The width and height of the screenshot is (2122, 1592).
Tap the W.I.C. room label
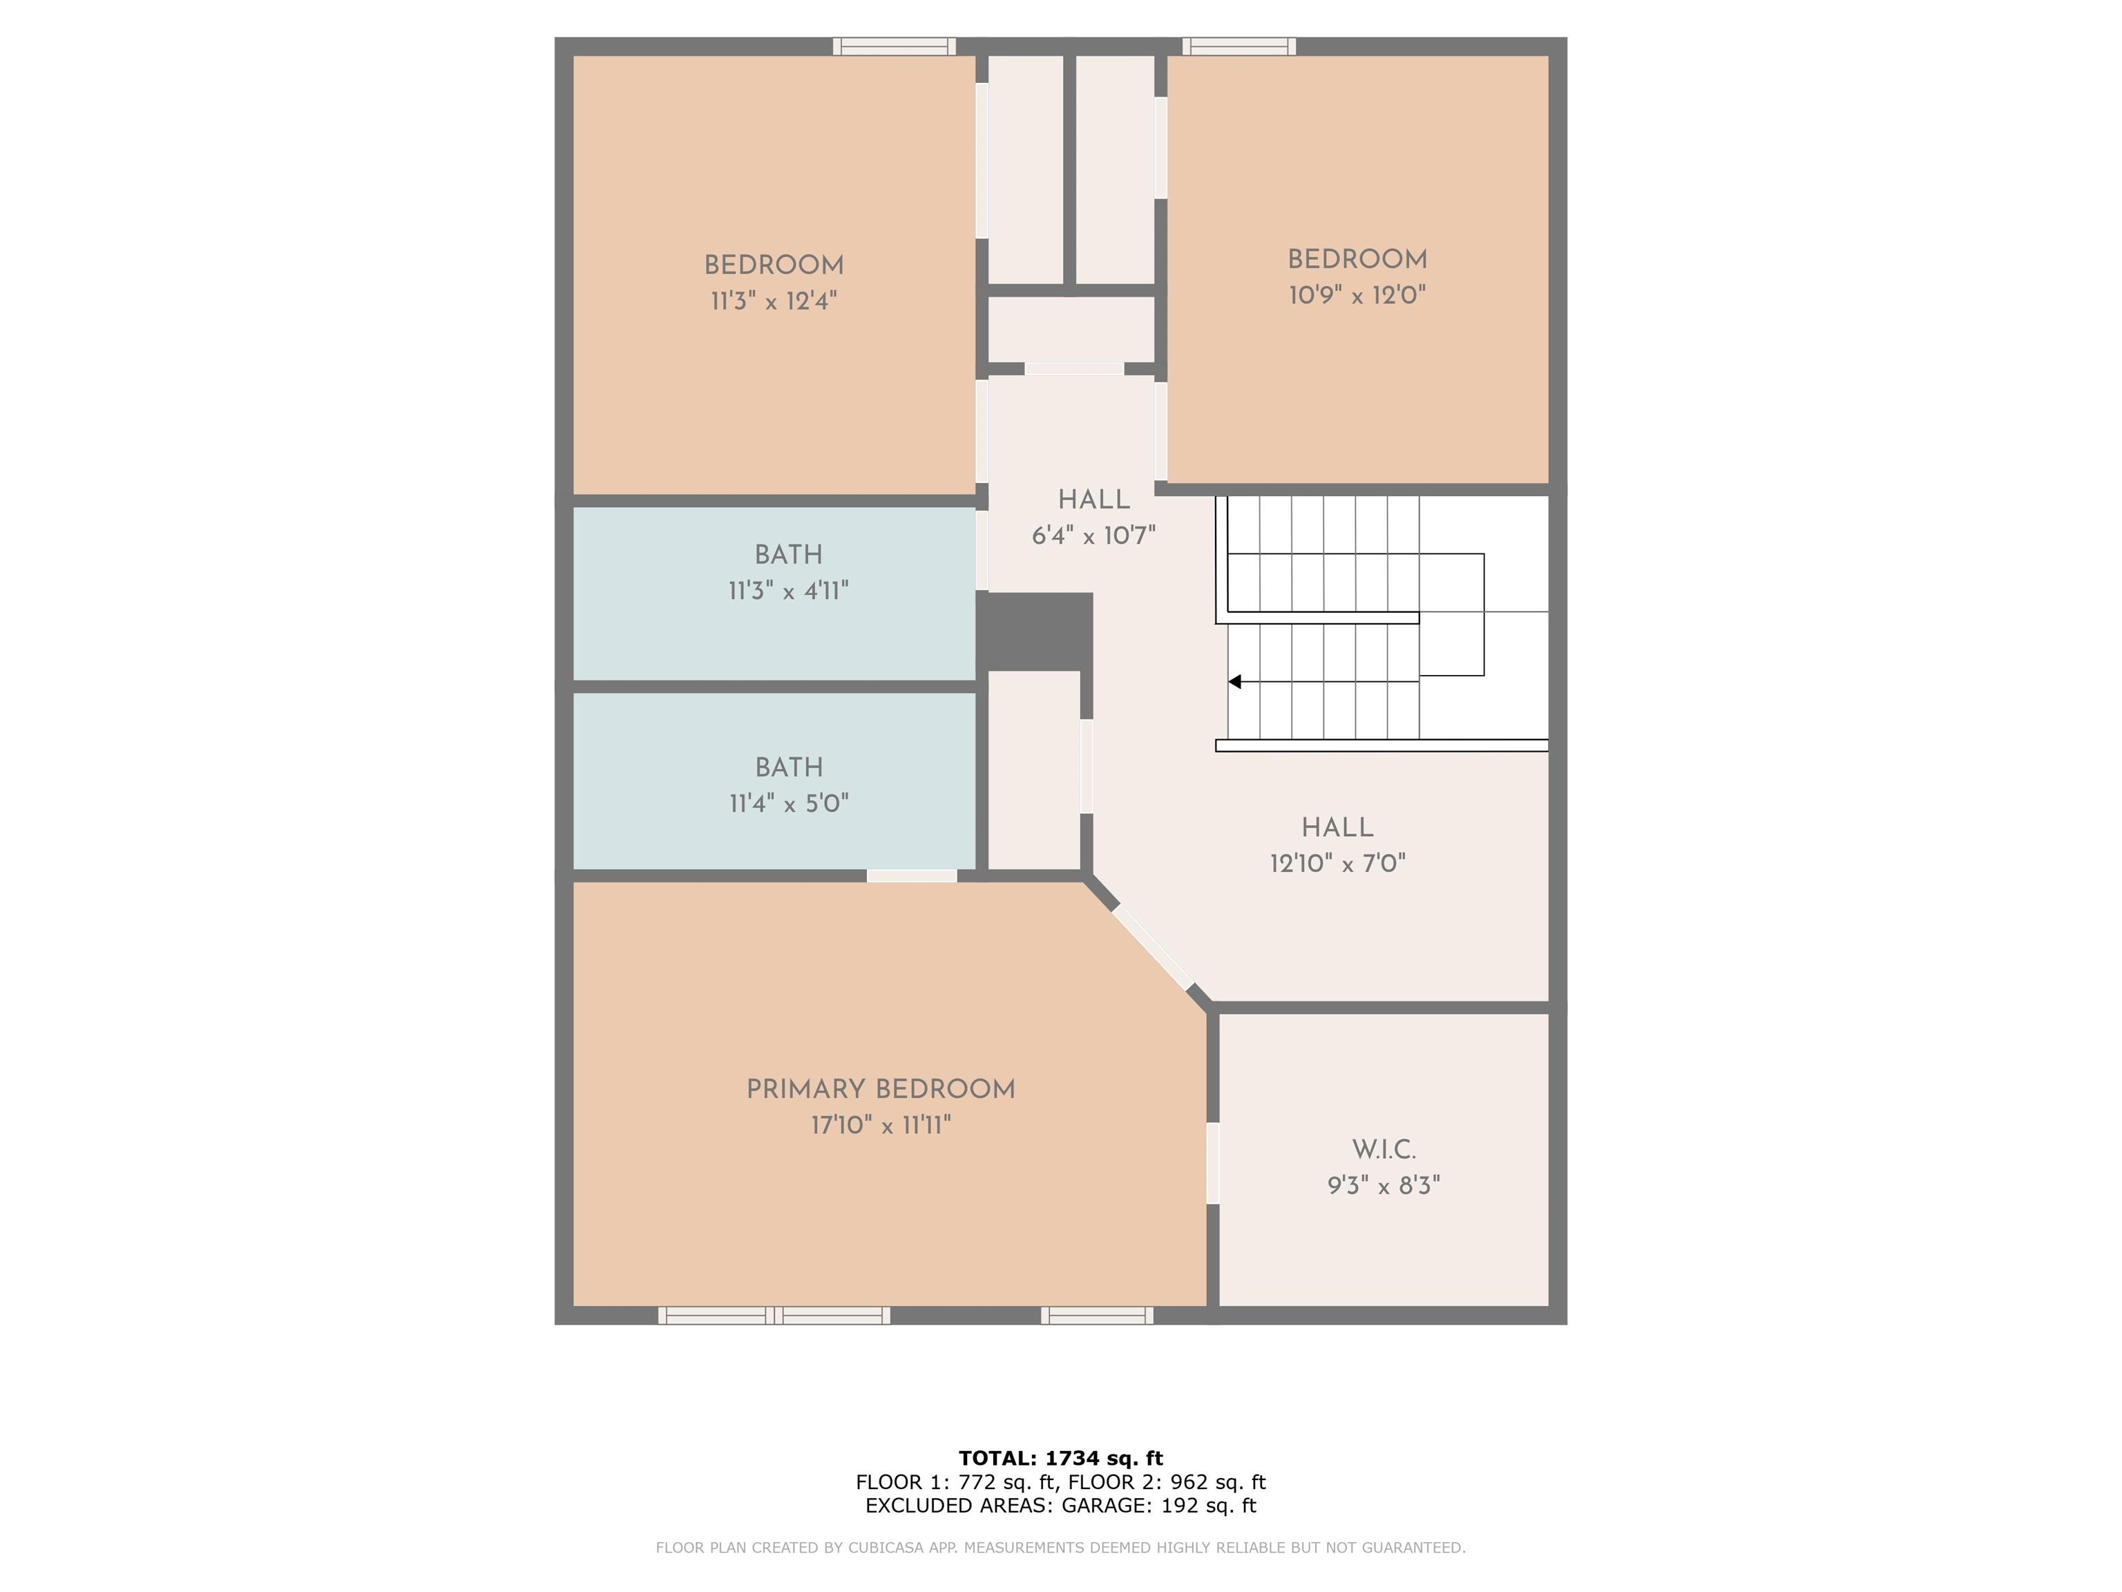(x=1384, y=1150)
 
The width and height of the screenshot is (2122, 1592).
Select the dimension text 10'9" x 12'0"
(x=1357, y=294)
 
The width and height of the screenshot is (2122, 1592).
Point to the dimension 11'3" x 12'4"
(x=773, y=301)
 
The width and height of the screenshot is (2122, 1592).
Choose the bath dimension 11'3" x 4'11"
(x=789, y=590)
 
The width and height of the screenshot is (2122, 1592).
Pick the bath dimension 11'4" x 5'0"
(x=789, y=803)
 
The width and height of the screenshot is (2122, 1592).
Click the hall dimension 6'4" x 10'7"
(x=1093, y=536)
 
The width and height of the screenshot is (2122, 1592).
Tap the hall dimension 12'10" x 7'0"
(x=1337, y=864)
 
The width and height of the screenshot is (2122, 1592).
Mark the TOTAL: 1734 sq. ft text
(x=1060, y=1459)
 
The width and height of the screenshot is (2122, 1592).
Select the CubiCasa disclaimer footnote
(x=1060, y=1547)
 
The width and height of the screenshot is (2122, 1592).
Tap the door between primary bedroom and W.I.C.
(x=1212, y=1163)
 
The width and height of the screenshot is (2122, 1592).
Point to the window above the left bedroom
(x=894, y=46)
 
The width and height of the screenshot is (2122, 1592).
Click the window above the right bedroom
(x=1239, y=46)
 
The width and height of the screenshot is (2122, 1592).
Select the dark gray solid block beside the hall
(x=1034, y=632)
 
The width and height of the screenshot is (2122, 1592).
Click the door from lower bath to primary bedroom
(x=911, y=875)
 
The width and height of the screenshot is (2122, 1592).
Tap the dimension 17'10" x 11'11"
(x=881, y=1125)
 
